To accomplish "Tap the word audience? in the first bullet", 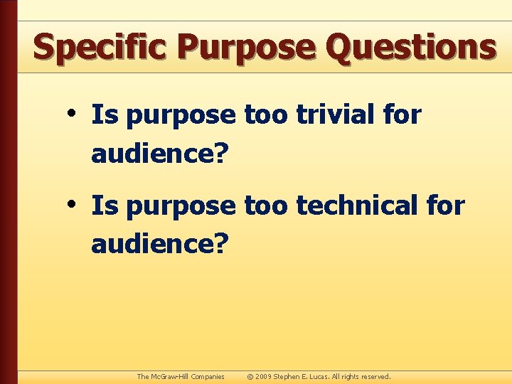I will click(x=161, y=153).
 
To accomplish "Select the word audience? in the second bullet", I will click(x=161, y=245).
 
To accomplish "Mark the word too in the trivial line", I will click(x=266, y=114).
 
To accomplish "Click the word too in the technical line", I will click(x=266, y=206).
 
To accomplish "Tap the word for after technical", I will click(x=444, y=206).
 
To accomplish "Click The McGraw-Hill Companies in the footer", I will click(x=181, y=376).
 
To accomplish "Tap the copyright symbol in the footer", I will click(x=250, y=376).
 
